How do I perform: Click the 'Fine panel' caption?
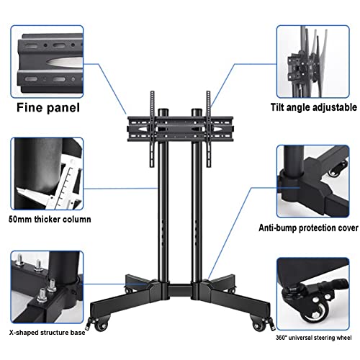(48, 108)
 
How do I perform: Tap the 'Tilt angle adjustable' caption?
(314, 107)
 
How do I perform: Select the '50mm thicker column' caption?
(50, 219)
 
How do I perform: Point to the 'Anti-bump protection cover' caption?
(308, 228)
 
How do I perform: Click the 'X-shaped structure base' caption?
(48, 333)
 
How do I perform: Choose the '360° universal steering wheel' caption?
(313, 338)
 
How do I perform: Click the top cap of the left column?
(163, 112)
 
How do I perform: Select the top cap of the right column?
(197, 112)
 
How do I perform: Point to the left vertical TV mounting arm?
(152, 129)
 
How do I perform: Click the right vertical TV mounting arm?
(208, 129)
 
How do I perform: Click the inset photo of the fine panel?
(47, 62)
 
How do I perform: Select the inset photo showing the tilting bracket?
(313, 62)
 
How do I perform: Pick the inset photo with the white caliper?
(47, 174)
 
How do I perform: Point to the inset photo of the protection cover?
(313, 181)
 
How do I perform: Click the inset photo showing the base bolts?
(47, 287)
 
